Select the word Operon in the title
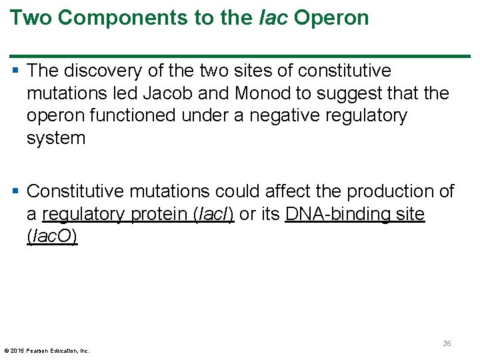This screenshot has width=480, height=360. (x=331, y=18)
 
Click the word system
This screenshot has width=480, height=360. (x=56, y=139)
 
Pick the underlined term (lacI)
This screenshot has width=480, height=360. (x=213, y=214)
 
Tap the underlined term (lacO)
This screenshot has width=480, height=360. (x=52, y=237)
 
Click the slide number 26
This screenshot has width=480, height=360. (x=447, y=343)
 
